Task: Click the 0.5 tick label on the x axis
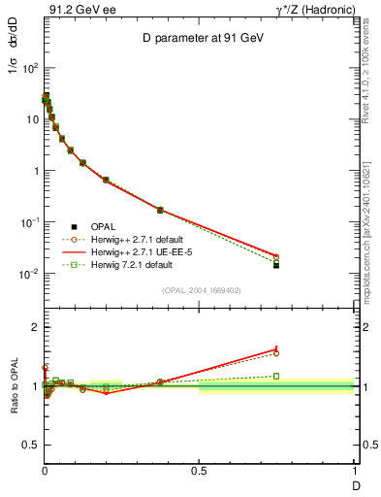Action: click(x=199, y=470)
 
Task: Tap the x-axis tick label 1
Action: click(x=354, y=470)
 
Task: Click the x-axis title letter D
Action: click(x=354, y=483)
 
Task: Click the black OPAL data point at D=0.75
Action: click(x=276, y=265)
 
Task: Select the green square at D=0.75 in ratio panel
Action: click(x=276, y=376)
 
